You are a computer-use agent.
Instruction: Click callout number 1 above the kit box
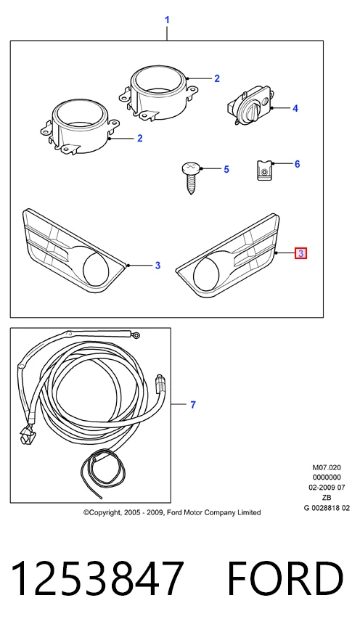click(x=167, y=20)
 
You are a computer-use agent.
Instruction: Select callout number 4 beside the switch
click(x=295, y=108)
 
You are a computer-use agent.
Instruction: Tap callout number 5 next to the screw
click(x=226, y=169)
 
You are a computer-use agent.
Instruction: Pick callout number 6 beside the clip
click(x=297, y=164)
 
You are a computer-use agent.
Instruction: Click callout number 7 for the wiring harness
click(x=192, y=404)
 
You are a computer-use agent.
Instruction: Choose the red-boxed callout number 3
click(x=300, y=253)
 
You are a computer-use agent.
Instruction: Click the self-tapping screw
click(x=191, y=176)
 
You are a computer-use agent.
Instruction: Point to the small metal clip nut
click(x=264, y=170)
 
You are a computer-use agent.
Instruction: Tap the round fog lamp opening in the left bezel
click(x=95, y=268)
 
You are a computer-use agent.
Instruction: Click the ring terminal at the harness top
click(x=136, y=335)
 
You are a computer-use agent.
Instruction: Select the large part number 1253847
click(x=97, y=578)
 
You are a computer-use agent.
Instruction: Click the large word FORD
click(x=285, y=578)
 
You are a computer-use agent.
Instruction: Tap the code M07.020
click(x=327, y=467)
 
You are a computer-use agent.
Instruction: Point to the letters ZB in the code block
click(x=327, y=498)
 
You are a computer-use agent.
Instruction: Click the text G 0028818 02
click(x=327, y=508)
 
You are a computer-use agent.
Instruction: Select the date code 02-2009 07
click(x=327, y=488)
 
